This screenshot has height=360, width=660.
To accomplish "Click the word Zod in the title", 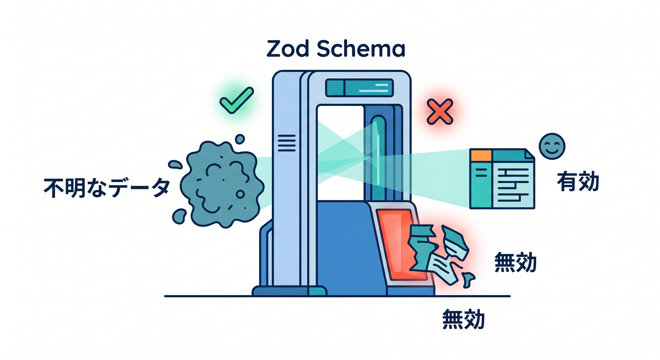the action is [287, 49].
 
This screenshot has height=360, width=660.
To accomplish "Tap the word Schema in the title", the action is [361, 49].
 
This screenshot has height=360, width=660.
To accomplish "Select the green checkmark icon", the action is [237, 100].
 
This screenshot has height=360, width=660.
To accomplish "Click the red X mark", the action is [440, 112].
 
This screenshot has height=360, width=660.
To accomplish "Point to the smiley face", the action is [552, 146].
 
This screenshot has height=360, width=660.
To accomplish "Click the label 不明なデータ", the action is [107, 187].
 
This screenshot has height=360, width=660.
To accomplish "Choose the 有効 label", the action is [578, 181].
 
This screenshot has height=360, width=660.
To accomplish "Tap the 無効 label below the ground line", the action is [464, 319].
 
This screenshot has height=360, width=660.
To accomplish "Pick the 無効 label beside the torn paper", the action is [515, 262].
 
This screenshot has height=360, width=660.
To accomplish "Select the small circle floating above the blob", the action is [240, 139].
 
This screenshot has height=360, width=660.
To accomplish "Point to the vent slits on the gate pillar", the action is [287, 143].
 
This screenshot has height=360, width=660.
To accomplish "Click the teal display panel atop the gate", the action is [360, 88].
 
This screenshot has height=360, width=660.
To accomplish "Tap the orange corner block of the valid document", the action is [481, 155].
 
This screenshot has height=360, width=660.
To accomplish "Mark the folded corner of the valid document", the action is [530, 154].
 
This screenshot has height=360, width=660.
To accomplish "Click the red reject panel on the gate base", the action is [402, 245].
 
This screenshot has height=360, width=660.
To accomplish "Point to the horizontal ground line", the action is [337, 296].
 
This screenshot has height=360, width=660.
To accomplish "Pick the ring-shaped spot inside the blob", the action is [240, 194].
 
